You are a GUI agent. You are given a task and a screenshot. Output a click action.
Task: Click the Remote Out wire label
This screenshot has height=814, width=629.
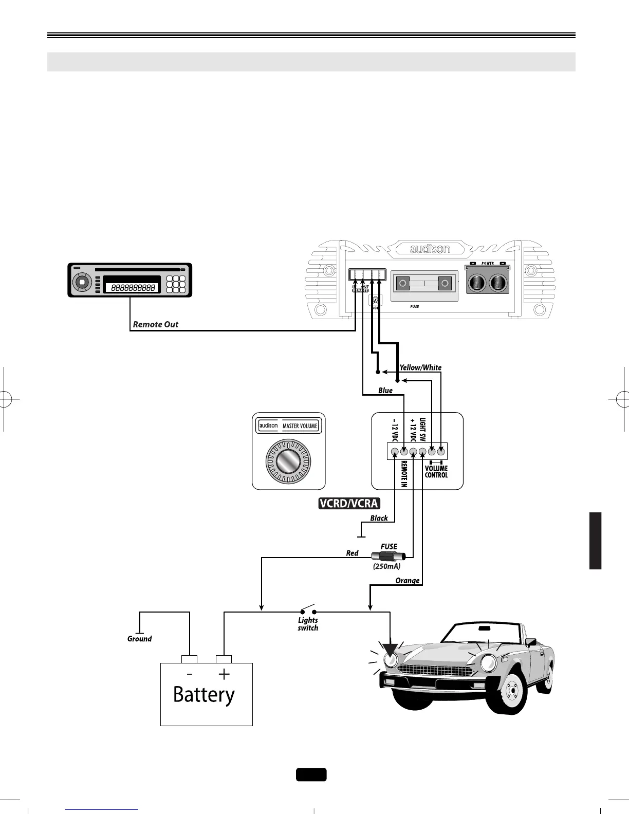pyautogui.click(x=156, y=324)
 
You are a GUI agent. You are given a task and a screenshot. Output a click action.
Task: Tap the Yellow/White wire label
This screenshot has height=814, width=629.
pyautogui.click(x=420, y=367)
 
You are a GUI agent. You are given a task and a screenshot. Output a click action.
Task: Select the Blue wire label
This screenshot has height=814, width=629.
pyautogui.click(x=385, y=391)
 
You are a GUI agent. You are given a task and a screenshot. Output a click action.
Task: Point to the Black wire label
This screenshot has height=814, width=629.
pyautogui.click(x=379, y=518)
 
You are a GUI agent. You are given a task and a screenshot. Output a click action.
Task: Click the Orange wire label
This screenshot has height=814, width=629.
pyautogui.click(x=408, y=581)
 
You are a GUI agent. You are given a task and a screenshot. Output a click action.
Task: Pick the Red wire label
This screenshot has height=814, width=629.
pyautogui.click(x=352, y=553)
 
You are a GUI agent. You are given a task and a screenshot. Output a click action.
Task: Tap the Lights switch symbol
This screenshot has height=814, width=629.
pyautogui.click(x=308, y=611)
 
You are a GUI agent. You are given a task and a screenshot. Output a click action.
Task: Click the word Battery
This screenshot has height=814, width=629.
pyautogui.click(x=204, y=695)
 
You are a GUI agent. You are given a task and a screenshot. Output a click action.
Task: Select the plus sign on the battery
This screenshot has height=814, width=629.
pyautogui.click(x=224, y=674)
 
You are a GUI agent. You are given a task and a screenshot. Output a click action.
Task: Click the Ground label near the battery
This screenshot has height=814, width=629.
pyautogui.click(x=139, y=639)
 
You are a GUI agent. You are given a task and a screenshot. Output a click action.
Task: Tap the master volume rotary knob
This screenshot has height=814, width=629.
pyautogui.click(x=288, y=461)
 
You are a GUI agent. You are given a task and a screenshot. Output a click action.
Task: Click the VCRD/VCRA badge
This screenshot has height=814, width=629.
pyautogui.click(x=348, y=504)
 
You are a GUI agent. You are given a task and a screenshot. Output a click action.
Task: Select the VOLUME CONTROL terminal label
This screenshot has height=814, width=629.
pyautogui.click(x=436, y=472)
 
